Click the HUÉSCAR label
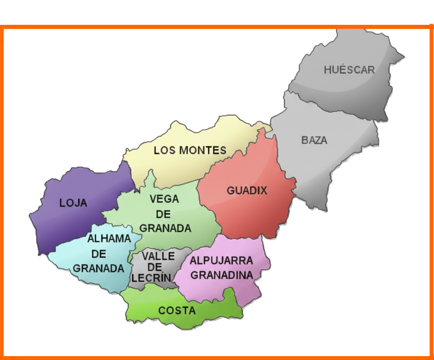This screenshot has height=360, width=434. point(349,70)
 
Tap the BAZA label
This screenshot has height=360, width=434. point(314,140)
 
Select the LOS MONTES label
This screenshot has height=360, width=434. point(190,151)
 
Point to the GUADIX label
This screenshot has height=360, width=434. point(247,190)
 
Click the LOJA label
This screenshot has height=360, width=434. point(73,203)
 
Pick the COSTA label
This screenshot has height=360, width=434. point(177,311)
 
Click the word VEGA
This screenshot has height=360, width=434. point(164,199)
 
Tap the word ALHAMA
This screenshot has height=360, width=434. point(109,239)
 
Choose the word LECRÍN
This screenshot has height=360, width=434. point(152,278)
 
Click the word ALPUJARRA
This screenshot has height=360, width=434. point(221,261)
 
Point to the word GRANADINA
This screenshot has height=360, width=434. point(222,275)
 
